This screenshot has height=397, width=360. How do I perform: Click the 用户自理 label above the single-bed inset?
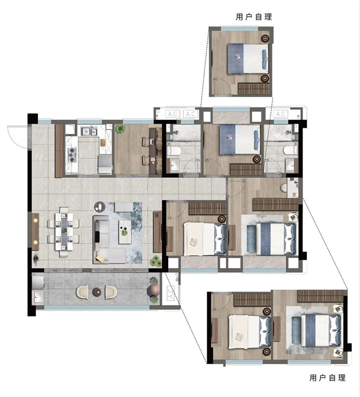pyautogui.click(x=254, y=17)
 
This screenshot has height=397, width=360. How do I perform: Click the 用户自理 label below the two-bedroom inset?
pyautogui.click(x=327, y=378)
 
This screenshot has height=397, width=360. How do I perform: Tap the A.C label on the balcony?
pyautogui.click(x=170, y=293)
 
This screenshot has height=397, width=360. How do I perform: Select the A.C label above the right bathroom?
pyautogui.click(x=281, y=114)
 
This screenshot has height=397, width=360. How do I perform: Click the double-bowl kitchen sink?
pyautogui.click(x=89, y=131)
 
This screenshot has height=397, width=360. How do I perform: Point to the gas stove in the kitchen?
pyautogui.click(x=72, y=154)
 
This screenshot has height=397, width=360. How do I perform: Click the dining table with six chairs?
pyautogui.click(x=64, y=232)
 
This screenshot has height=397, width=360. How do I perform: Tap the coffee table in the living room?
pyautogui.click(x=125, y=232)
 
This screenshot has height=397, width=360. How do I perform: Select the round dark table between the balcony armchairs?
pyautogui.click(x=97, y=292)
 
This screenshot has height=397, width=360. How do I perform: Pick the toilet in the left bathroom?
pyautogui.click(x=173, y=151)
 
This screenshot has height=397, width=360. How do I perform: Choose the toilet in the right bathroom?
pyautogui.click(x=290, y=150)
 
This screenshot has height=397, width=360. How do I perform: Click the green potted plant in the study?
pyautogui.click(x=120, y=129)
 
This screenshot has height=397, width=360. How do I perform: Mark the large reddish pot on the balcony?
pyautogui.click(x=153, y=290)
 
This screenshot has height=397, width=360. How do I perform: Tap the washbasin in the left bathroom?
pyautogui.click(x=174, y=165)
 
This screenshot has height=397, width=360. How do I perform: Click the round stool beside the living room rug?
pyautogui.click(x=100, y=207)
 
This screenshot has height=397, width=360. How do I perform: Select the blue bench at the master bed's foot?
pyautogui.click(x=251, y=239)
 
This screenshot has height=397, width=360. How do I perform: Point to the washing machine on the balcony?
pyautogui.click(x=38, y=281)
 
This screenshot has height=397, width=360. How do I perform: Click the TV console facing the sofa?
pyautogui.click(x=157, y=232)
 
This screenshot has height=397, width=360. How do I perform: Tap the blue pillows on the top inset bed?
pyautogui.click(x=264, y=59)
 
